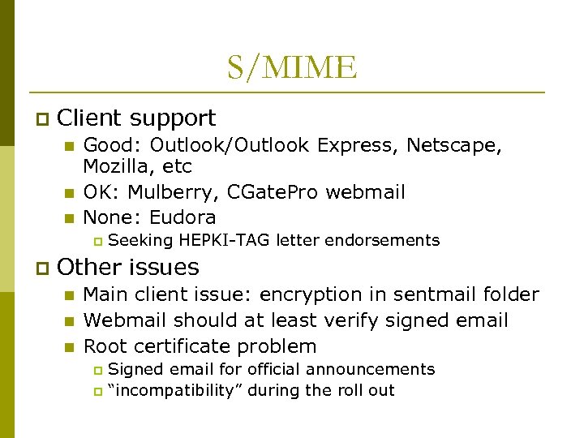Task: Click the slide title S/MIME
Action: click(291, 67)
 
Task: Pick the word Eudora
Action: click(183, 217)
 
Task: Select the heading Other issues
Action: click(128, 267)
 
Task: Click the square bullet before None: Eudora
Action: click(69, 218)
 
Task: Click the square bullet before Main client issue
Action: click(69, 295)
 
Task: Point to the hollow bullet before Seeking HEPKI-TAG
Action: click(97, 241)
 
